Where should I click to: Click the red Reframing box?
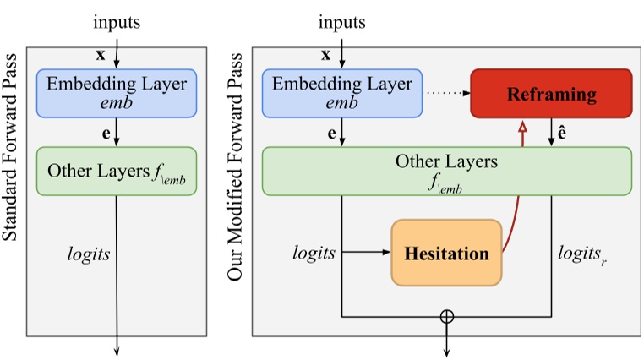pos(551,94)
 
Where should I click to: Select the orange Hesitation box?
pos(446,253)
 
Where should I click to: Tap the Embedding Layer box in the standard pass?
pos(117,93)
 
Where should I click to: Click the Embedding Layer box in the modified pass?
pos(342,93)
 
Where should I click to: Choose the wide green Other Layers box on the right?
pos(447,171)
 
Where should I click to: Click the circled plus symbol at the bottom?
pos(447,317)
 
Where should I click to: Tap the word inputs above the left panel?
pos(117,22)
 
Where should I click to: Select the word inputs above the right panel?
pos(342,22)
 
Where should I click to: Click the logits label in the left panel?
pos(88,252)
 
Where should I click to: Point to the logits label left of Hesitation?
pos(314,252)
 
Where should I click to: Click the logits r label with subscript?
pos(582,253)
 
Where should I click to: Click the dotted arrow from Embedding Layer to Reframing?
pos(446,94)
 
